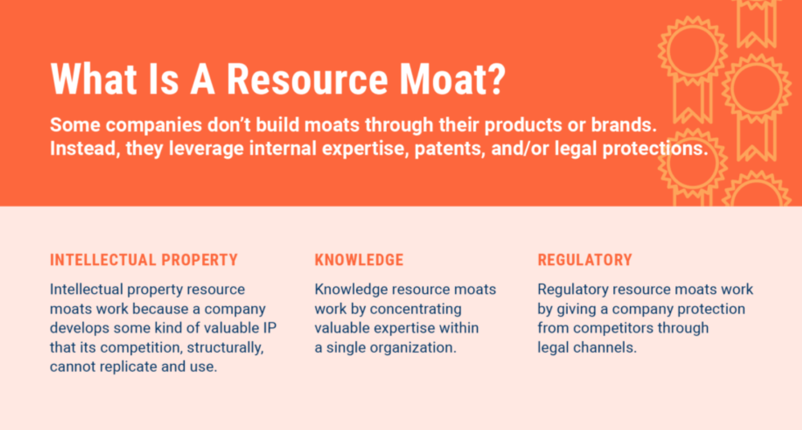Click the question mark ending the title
click(x=495, y=79)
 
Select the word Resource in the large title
click(x=307, y=79)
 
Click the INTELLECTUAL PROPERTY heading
click(x=144, y=260)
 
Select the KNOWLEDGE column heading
click(x=359, y=260)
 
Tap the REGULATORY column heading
click(x=585, y=260)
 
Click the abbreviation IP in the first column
click(x=270, y=328)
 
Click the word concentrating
click(x=416, y=309)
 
